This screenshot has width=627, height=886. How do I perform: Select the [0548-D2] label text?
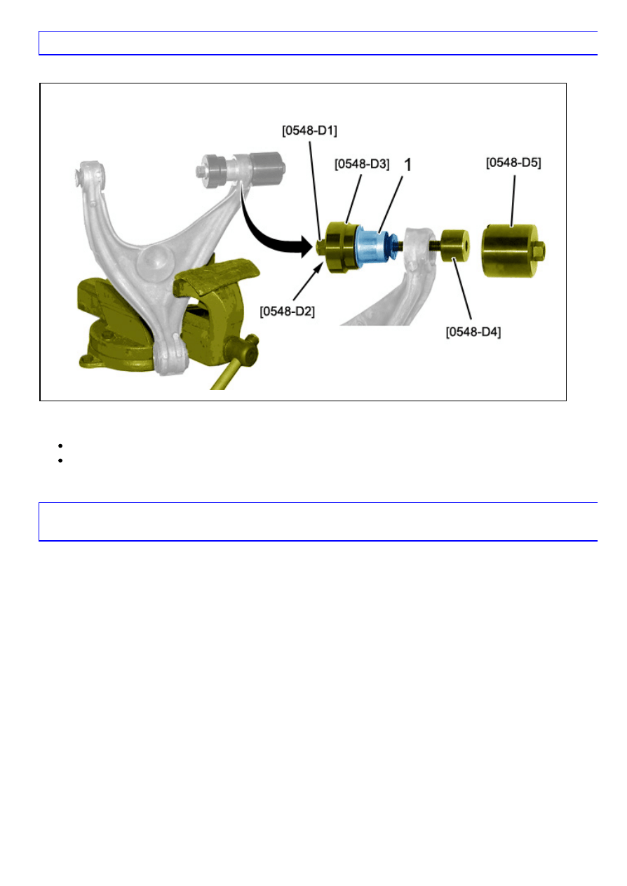pos(288,310)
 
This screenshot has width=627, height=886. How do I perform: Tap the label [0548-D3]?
pos(362,163)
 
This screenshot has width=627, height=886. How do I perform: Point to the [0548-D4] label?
pos(474,332)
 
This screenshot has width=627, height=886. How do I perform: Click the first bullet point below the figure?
pos(63,445)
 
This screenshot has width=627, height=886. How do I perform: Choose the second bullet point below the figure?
pos(63,459)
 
